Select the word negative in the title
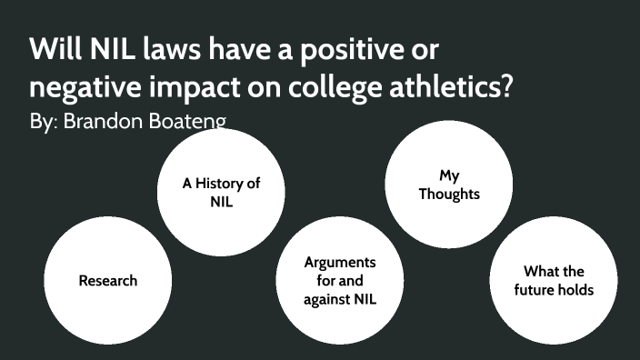pos(84,89)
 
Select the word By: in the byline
pos(43,121)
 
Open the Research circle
pos(107,280)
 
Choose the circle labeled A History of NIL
pos(221,192)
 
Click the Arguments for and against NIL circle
pos(339,280)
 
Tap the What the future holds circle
pos(554,280)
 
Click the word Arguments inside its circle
pos(340,263)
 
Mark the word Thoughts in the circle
pos(449,194)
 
